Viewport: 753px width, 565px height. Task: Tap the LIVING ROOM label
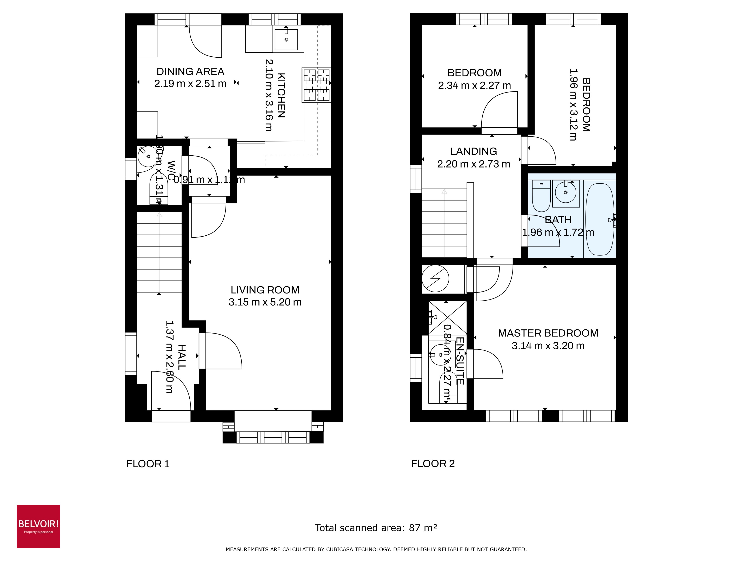[265, 290]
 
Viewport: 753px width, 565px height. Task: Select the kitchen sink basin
[286, 39]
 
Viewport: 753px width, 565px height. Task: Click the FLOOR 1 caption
[148, 464]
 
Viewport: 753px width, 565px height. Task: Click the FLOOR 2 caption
[433, 463]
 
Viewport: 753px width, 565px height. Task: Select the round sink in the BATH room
[565, 192]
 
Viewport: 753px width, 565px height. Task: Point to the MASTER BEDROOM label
[548, 333]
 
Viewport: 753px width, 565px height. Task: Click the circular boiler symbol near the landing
[435, 279]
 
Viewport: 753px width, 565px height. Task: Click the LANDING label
[474, 151]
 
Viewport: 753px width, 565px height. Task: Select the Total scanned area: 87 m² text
[376, 528]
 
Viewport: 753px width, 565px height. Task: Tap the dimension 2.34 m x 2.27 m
[474, 85]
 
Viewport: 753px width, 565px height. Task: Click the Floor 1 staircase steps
[159, 252]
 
